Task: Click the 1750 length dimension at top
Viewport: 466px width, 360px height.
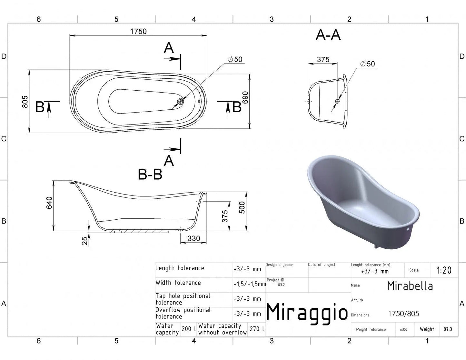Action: pos(138,31)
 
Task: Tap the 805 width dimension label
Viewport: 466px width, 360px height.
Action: pos(25,102)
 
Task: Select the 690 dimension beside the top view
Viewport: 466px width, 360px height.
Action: pos(245,98)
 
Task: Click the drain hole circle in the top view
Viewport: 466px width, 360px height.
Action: pos(180,102)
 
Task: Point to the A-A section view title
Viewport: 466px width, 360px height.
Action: pos(328,35)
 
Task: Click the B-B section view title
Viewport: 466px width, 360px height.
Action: pos(150,175)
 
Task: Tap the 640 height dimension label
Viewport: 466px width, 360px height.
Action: pos(49,203)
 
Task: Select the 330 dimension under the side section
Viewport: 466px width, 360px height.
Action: pos(193,238)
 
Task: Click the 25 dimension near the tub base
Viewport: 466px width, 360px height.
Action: pos(84,241)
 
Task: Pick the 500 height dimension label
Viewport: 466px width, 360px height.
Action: pos(242,207)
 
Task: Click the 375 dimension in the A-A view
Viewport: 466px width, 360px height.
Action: pos(323,59)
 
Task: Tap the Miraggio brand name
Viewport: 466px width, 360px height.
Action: pos(307,312)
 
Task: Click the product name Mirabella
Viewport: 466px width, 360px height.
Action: pos(410,286)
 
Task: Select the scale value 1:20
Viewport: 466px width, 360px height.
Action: pos(444,270)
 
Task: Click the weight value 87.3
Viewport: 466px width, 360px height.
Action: pos(448,329)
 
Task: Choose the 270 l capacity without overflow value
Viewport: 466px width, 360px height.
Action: pos(256,329)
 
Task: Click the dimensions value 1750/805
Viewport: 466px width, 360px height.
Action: pos(403,314)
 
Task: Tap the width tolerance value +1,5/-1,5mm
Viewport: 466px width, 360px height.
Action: pos(250,284)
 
